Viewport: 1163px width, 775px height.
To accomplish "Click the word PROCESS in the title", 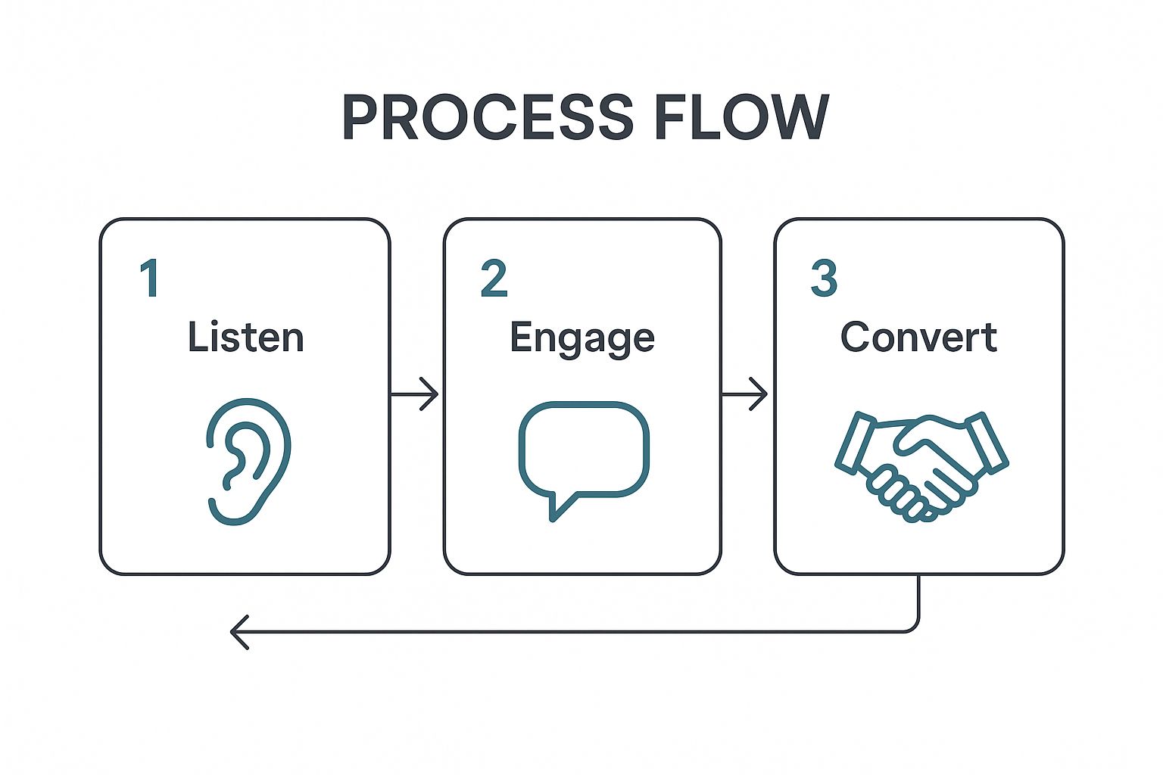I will [x=488, y=117].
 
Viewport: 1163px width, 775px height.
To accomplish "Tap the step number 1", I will [x=150, y=279].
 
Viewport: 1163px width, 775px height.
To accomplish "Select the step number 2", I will [x=494, y=279].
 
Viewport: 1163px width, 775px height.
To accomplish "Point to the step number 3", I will [x=824, y=279].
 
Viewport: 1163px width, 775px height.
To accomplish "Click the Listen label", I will [x=245, y=337].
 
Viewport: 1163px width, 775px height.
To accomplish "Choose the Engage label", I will [x=581, y=338].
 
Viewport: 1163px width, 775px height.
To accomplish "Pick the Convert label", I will [x=918, y=337].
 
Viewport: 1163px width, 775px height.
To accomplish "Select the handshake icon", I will [x=921, y=465].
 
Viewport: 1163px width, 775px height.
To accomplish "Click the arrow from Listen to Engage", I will [x=414, y=394].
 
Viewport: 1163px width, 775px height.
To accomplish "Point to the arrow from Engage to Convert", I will [x=745, y=394].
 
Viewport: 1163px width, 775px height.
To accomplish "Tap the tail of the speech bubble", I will [x=559, y=507].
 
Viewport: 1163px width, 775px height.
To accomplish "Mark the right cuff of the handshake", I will [x=987, y=442].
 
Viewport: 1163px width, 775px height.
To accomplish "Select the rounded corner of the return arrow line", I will [x=914, y=626].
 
